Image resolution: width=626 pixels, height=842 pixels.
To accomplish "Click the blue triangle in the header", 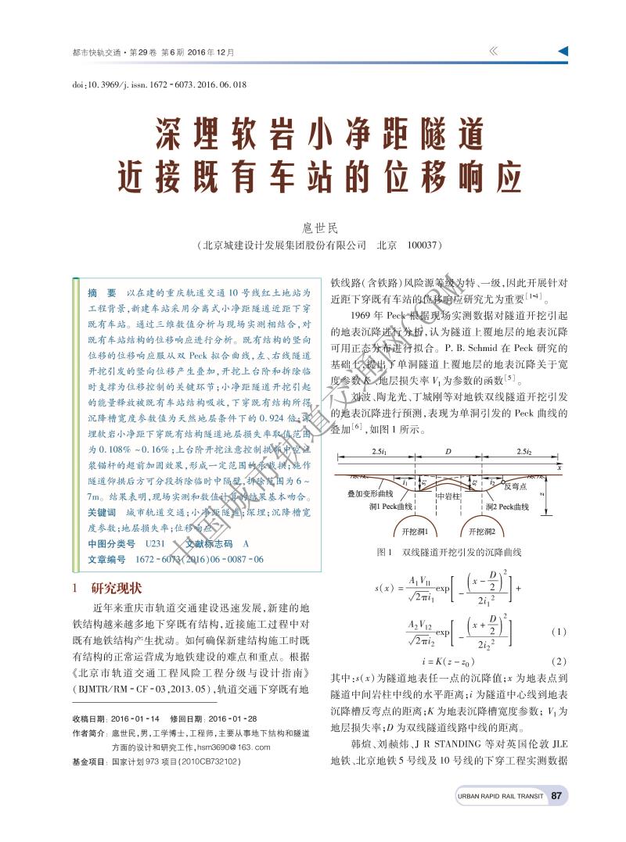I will pos(563,51).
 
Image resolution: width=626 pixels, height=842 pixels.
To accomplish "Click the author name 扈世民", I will pos(319,228).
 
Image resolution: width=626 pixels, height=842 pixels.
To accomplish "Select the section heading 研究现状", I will pos(117,588).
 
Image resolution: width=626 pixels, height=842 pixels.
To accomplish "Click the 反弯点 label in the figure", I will pos(517,485).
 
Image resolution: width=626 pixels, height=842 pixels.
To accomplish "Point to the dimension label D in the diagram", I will pos(448,452).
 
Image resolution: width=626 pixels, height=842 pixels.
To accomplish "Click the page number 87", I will pos(557,796).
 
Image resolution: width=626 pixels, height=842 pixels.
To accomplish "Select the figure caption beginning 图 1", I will pos(449,553).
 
